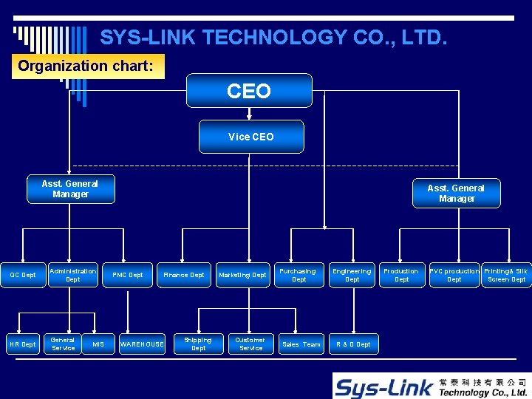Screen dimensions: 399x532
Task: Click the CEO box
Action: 249,91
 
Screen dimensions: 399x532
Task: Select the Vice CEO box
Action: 251,137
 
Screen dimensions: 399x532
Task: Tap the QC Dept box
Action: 23,275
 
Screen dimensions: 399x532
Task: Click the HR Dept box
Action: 23,344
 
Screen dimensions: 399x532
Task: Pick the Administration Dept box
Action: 73,275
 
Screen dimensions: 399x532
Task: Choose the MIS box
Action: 98,344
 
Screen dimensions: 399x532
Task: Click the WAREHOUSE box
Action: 142,344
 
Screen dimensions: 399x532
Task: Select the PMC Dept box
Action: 127,275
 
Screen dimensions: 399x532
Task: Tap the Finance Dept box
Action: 184,275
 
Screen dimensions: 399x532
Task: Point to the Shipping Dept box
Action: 198,344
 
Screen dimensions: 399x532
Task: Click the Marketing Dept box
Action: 242,275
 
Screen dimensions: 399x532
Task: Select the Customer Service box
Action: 250,344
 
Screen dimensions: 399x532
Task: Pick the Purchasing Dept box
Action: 299,275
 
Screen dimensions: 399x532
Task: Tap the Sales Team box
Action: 301,344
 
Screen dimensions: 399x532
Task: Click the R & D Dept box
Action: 353,344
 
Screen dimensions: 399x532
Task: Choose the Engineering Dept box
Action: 352,275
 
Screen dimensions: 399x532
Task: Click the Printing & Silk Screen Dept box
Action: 506,275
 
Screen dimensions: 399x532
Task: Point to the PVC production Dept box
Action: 454,275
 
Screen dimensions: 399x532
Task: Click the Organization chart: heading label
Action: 86,66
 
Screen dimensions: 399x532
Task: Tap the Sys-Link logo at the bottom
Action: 430,385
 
